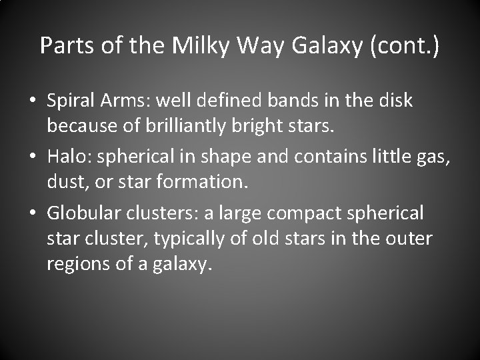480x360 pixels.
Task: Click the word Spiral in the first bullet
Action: point(67,101)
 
